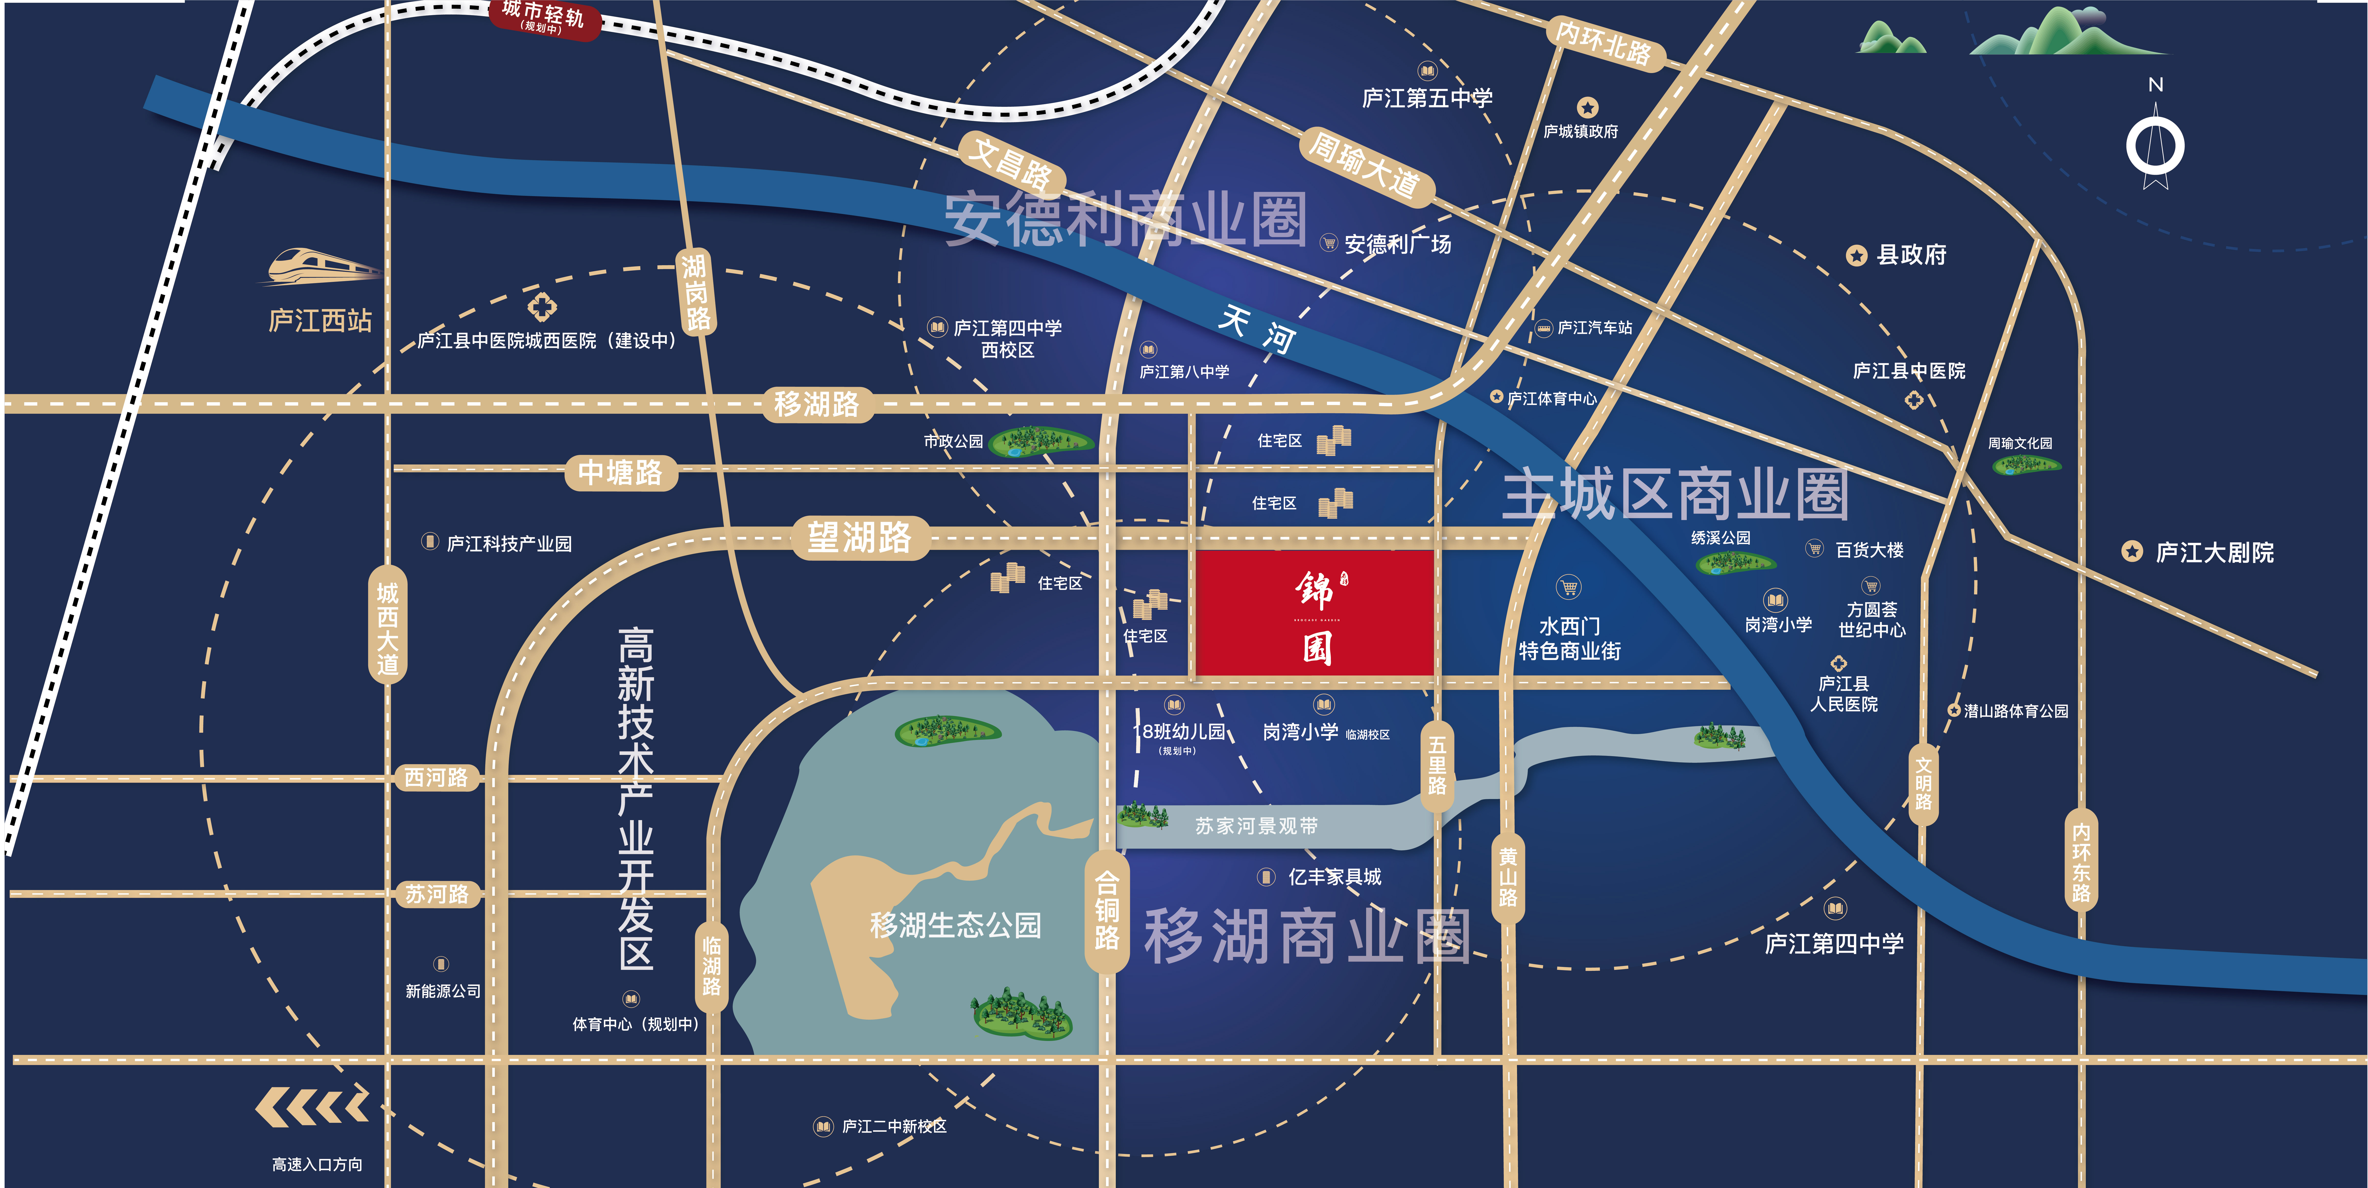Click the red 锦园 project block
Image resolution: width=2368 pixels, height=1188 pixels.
[x=1314, y=613]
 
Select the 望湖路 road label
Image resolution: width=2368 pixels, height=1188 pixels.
[x=860, y=538]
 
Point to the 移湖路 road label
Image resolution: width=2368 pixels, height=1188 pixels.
[x=816, y=404]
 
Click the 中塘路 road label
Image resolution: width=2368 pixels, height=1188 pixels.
[x=620, y=473]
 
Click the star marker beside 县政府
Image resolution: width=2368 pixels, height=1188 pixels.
[x=1857, y=256]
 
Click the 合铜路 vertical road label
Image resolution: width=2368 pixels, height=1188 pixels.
[x=1107, y=910]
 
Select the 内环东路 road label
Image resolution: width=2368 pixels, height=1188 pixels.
[x=2081, y=862]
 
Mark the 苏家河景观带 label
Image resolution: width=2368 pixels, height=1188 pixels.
[x=1257, y=826]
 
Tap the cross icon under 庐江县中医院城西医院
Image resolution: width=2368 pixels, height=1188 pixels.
[x=542, y=306]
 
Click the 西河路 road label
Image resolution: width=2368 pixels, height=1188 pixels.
[x=437, y=778]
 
